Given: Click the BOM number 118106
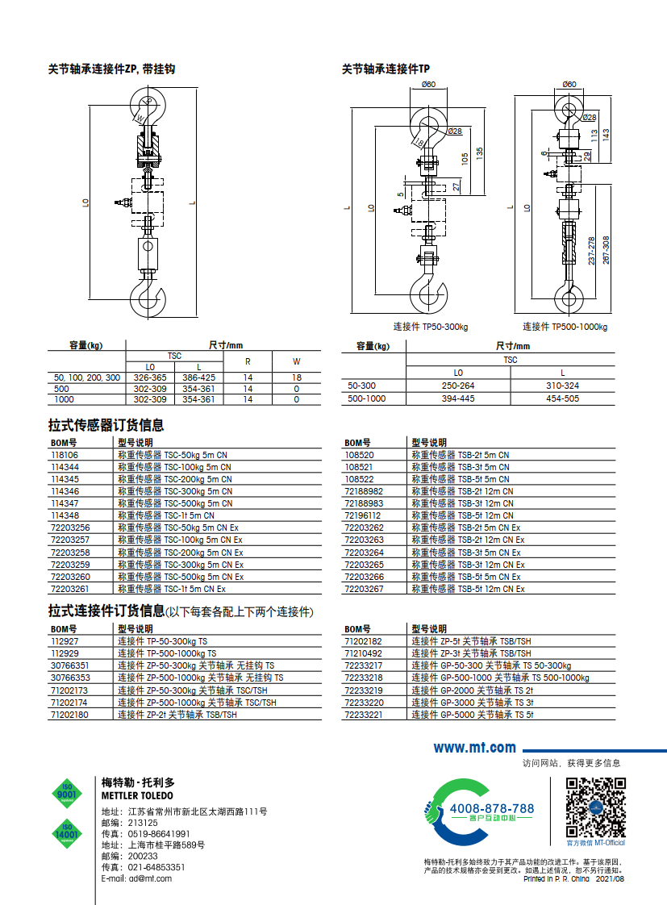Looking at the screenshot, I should click(x=64, y=455).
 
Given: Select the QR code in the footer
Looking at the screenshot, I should click(x=595, y=807).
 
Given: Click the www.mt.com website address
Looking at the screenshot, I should click(x=474, y=748).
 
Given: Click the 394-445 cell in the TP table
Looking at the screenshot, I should click(x=458, y=398).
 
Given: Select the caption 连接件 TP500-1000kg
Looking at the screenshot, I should click(x=565, y=327).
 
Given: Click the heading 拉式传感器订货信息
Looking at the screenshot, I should click(x=106, y=425).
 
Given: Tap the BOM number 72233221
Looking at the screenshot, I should click(x=363, y=715).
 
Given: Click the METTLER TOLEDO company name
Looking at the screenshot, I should click(x=137, y=796).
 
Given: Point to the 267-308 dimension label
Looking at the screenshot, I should click(x=606, y=249).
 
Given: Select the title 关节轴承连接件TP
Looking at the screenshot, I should click(x=386, y=69).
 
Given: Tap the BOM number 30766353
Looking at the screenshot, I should click(x=69, y=678).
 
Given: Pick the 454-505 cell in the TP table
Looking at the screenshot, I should click(x=562, y=398).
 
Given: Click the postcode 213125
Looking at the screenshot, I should click(x=144, y=823).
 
